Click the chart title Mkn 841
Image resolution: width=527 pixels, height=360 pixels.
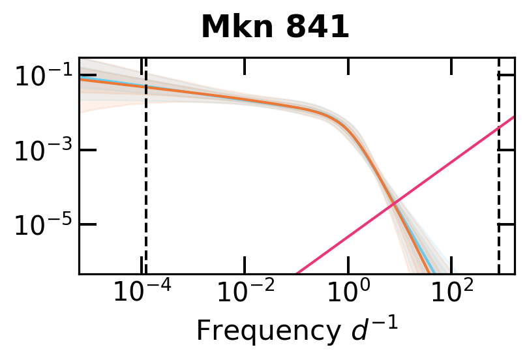[x=275, y=28]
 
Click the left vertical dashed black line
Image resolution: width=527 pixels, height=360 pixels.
[x=145, y=196]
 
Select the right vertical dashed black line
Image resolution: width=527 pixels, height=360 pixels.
[x=499, y=196]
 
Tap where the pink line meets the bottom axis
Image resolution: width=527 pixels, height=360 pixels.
[x=297, y=273]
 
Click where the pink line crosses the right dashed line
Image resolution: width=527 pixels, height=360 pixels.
[x=499, y=128]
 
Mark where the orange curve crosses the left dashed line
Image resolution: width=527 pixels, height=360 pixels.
[x=145, y=87]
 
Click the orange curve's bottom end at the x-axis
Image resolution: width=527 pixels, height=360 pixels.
[x=429, y=273]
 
